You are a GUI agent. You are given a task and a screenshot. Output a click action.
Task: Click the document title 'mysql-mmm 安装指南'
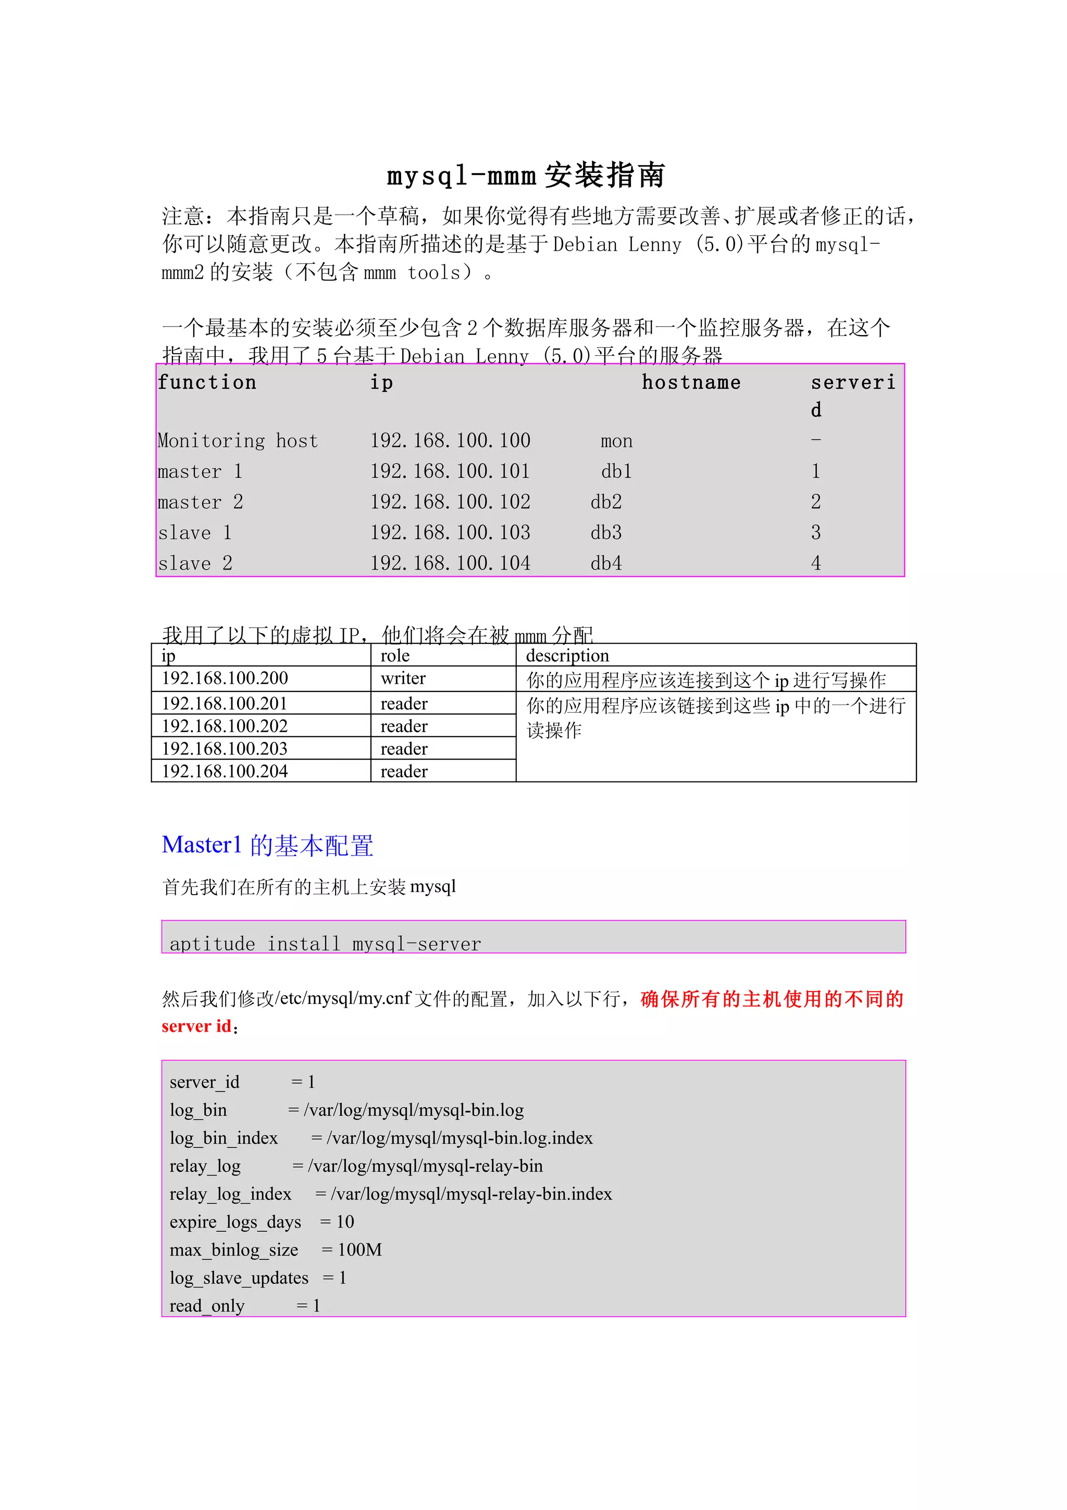pyautogui.click(x=525, y=176)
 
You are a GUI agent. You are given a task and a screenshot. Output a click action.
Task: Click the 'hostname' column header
pyautogui.click(x=690, y=383)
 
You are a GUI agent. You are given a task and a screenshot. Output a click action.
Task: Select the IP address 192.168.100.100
pyautogui.click(x=450, y=441)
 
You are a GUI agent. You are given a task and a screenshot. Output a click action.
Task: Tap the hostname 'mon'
pyautogui.click(x=616, y=441)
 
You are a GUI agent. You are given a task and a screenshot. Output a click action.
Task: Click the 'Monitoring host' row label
pyautogui.click(x=238, y=441)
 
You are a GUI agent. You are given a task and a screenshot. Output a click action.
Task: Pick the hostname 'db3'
pyautogui.click(x=605, y=533)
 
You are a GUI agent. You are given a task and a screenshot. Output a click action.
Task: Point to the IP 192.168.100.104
pyautogui.click(x=450, y=564)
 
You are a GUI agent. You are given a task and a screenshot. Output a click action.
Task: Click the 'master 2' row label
pyautogui.click(x=200, y=502)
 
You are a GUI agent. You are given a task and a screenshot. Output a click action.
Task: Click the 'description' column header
pyautogui.click(x=567, y=655)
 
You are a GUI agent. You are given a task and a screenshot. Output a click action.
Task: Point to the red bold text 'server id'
pyautogui.click(x=196, y=1026)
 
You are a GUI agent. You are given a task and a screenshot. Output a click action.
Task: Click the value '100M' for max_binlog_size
pyautogui.click(x=359, y=1249)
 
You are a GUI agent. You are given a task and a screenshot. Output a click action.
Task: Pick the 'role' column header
pyautogui.click(x=394, y=655)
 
